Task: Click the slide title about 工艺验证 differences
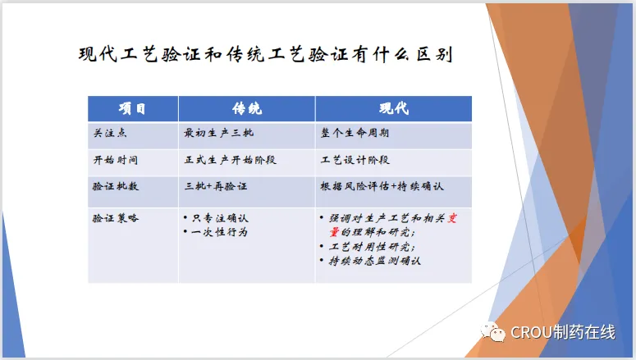(x=266, y=54)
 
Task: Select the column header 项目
(x=132, y=108)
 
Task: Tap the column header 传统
(x=247, y=108)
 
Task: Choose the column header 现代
(x=394, y=108)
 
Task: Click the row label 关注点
(x=110, y=133)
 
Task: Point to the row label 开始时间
(x=116, y=160)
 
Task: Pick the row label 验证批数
(x=116, y=186)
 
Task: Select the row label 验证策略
(x=116, y=218)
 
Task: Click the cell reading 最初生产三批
(x=218, y=133)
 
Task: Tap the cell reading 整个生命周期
(x=355, y=133)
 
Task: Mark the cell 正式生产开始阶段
(x=230, y=160)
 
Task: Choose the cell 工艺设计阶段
(x=355, y=160)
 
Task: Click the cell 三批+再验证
(x=216, y=186)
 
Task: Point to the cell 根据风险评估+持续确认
(x=382, y=186)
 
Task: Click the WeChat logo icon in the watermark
(x=493, y=332)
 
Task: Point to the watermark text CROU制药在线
(x=563, y=332)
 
